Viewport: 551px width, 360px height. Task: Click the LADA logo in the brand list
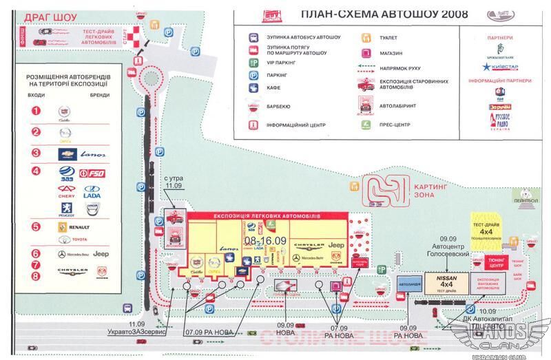pos(92,195)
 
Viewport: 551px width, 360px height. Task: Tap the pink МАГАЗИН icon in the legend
pos(362,53)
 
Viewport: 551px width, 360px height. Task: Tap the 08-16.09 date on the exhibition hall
pos(264,240)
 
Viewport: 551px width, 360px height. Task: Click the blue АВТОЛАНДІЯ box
pos(410,282)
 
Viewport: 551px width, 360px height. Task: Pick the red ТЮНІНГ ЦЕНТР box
pos(496,262)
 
